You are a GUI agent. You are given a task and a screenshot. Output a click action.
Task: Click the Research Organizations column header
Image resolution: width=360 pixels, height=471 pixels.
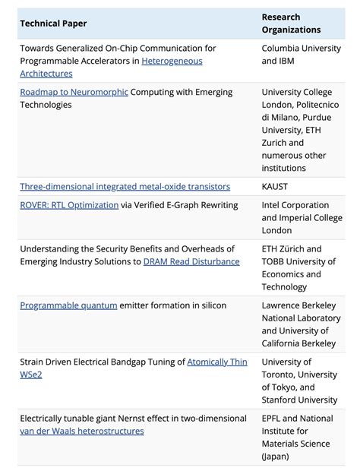coord(291,24)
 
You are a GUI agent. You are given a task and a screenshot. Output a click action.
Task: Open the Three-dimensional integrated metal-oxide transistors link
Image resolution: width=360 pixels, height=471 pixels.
coord(125,186)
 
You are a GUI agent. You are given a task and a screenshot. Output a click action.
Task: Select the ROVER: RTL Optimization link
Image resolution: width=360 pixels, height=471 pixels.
coord(69,205)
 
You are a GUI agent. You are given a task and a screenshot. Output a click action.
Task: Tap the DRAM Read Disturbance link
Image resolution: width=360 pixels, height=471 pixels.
coord(191,261)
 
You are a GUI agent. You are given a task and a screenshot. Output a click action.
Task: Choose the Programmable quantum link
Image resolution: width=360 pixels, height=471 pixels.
coord(68,305)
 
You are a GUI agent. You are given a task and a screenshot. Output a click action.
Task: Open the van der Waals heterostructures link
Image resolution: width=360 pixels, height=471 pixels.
coord(81,431)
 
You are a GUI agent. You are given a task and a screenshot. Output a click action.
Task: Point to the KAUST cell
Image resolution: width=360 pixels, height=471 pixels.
coord(275,186)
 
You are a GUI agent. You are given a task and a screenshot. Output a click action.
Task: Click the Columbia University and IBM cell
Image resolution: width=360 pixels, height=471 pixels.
coord(301,55)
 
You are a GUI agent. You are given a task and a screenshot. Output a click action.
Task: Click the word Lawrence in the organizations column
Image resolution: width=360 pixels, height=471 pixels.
coord(283,305)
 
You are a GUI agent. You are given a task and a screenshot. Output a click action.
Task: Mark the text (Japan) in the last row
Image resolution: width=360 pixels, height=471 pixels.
coord(275,457)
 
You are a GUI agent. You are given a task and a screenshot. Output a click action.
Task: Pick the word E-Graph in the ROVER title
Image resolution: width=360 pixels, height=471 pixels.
coord(183,205)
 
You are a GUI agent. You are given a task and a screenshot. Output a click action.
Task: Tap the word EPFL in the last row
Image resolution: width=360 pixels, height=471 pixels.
coord(274,419)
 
